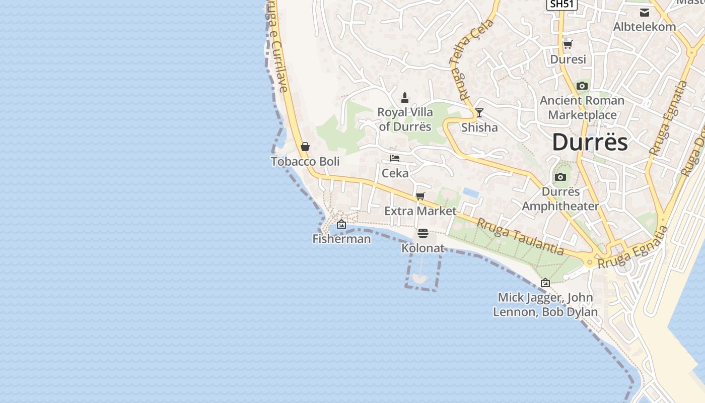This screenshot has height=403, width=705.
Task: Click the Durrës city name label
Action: pos(590,142)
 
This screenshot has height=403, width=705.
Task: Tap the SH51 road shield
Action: pos(561,4)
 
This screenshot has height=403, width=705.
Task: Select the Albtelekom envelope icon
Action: pos(645,13)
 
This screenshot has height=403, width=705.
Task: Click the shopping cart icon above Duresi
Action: pos(568,44)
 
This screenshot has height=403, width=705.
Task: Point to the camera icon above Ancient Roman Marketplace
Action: pos(582,86)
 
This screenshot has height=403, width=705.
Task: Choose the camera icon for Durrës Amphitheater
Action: pos(560,177)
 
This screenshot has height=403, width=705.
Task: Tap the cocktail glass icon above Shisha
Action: pos(479,113)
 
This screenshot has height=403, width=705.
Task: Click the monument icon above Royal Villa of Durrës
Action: pos(404,97)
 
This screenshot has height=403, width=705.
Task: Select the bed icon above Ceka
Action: pos(395,158)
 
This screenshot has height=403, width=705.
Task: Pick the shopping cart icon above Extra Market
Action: pos(420,196)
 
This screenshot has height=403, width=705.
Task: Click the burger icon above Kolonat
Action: pos(422,233)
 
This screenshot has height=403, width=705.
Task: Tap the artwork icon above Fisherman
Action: pos(341,224)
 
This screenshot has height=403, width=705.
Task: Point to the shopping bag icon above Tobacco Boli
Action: pos(305,147)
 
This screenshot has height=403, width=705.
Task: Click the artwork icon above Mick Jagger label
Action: pos(545,283)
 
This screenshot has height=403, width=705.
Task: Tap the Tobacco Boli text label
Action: pos(305,162)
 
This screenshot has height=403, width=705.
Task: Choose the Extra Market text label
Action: pos(420,211)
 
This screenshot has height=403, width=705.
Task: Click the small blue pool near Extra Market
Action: pos(470,192)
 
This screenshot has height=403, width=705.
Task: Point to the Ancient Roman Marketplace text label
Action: pos(582,108)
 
